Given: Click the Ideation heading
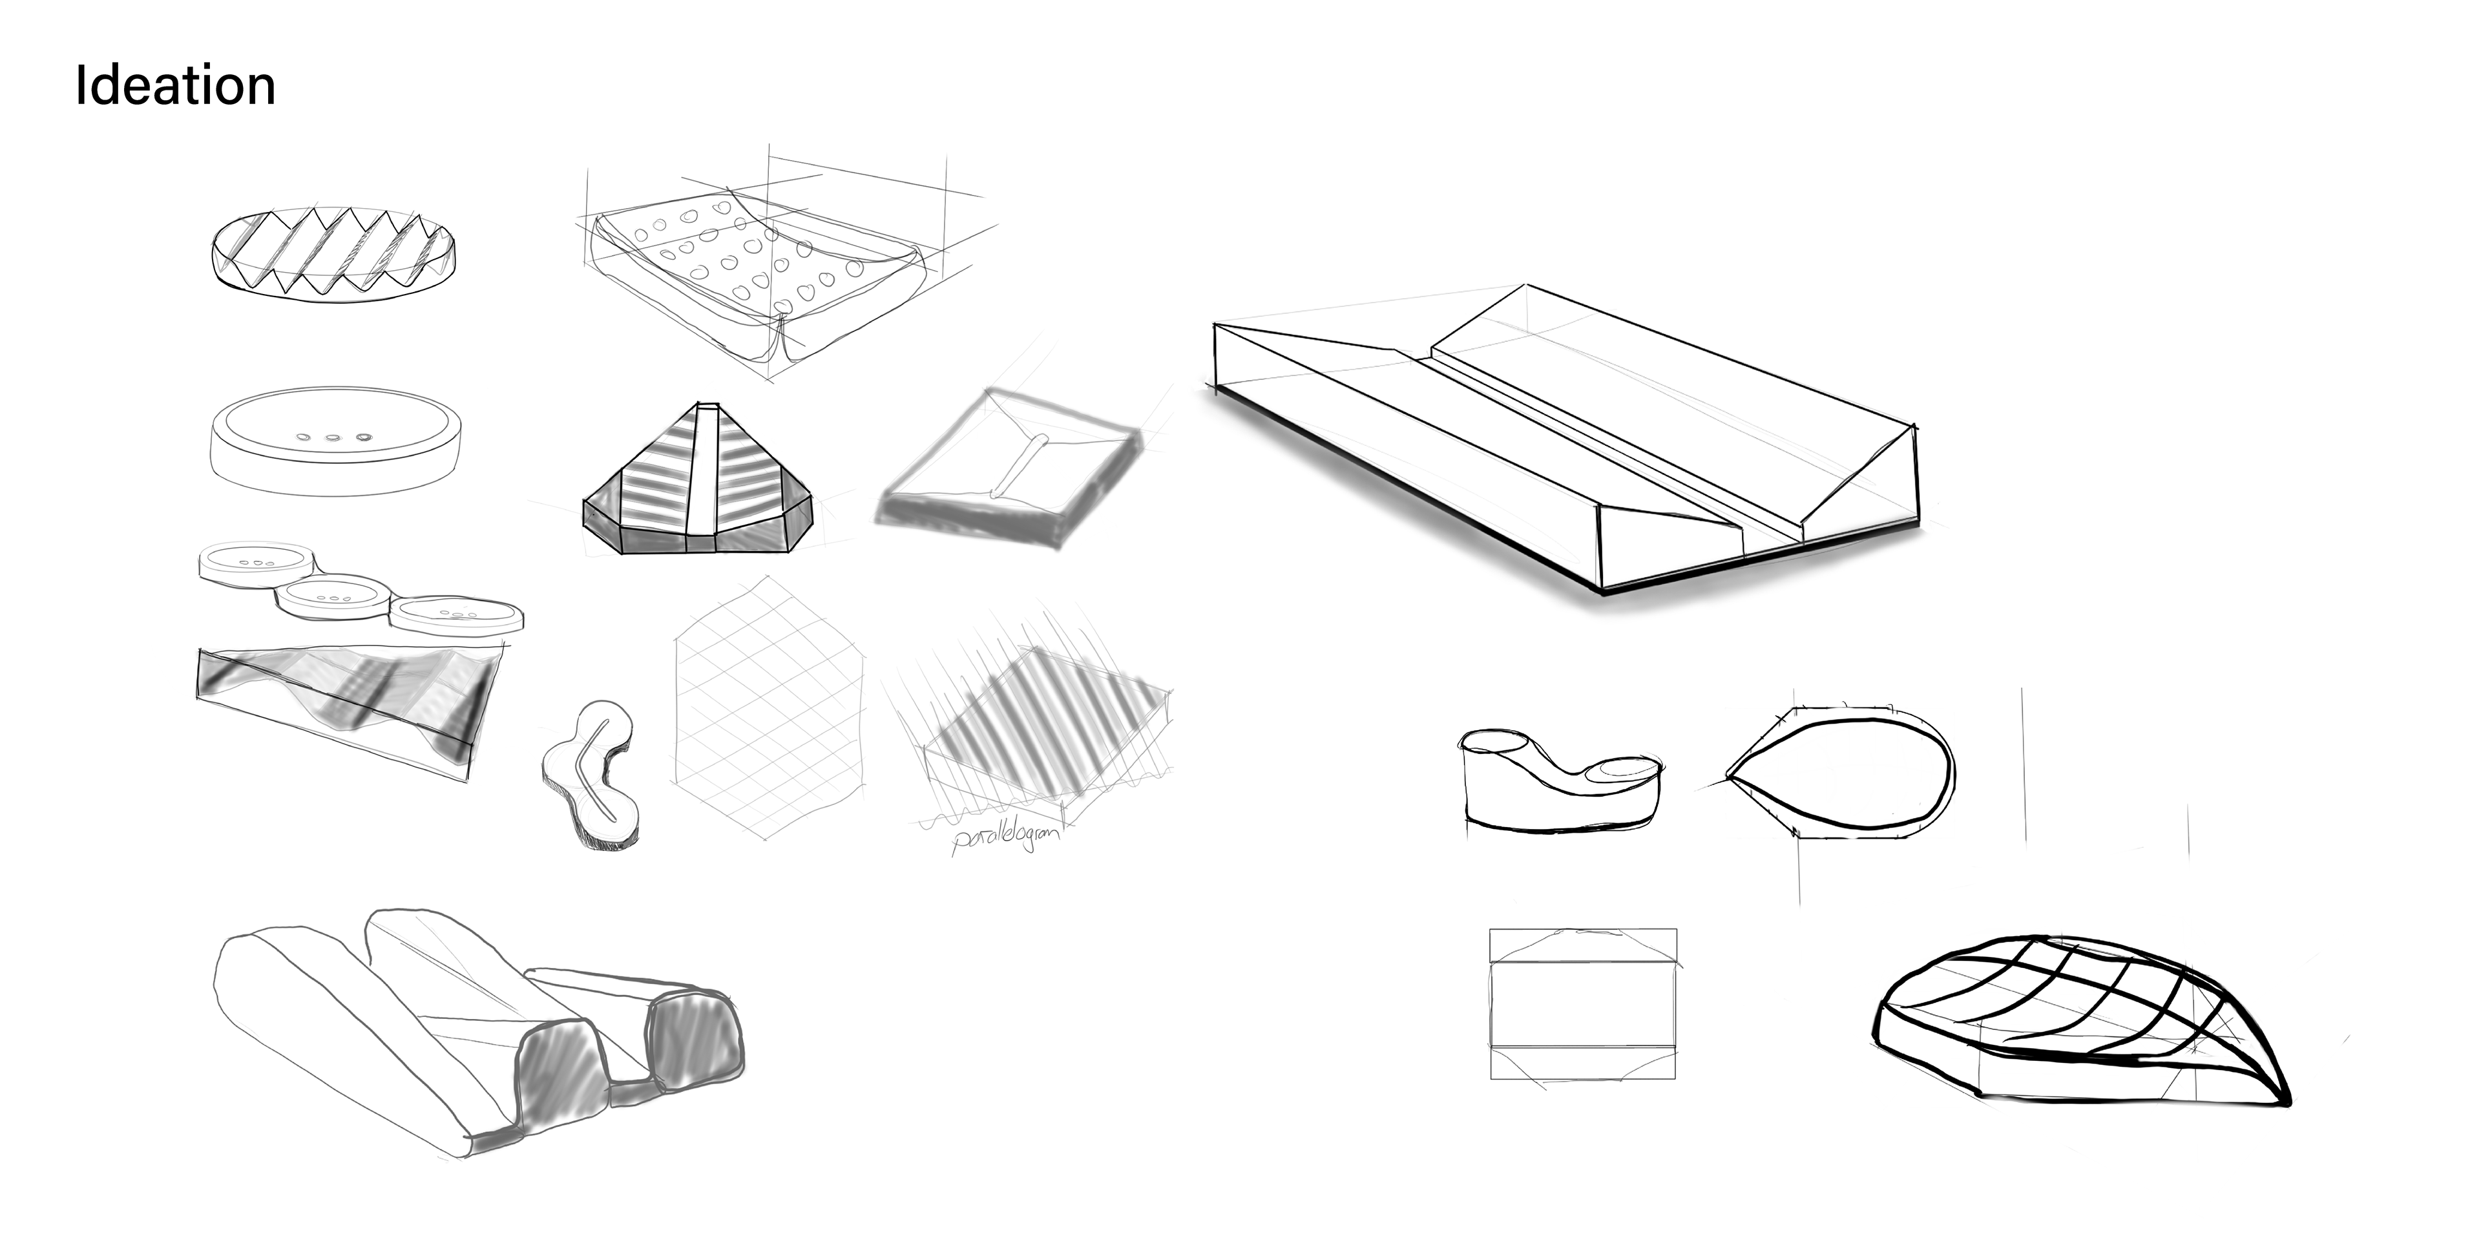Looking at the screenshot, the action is (x=175, y=86).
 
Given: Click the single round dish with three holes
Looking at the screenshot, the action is (x=334, y=442).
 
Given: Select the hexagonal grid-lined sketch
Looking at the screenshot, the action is (x=769, y=708).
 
